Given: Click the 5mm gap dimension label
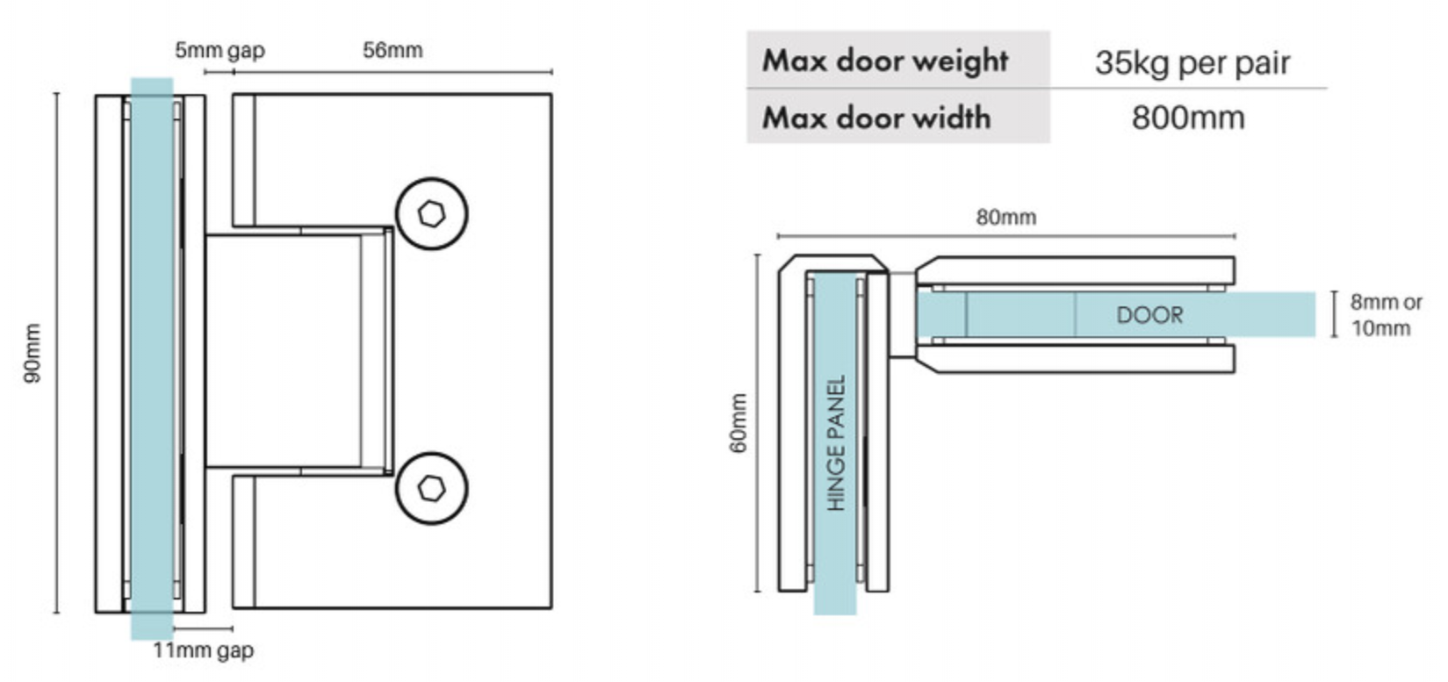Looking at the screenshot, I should pyautogui.click(x=219, y=50).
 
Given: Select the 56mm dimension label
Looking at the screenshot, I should pyautogui.click(x=393, y=50).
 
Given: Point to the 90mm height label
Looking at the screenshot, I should pyautogui.click(x=32, y=353).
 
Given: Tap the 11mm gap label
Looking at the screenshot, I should pyautogui.click(x=203, y=650).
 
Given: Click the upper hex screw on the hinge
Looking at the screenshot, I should pyautogui.click(x=431, y=213).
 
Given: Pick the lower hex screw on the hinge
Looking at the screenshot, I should pyautogui.click(x=431, y=488).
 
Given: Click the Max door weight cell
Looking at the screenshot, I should pyautogui.click(x=885, y=61).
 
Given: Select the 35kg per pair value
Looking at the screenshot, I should pyautogui.click(x=1192, y=62).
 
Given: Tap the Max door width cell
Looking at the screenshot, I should pyautogui.click(x=876, y=117).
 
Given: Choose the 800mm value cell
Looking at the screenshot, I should pyautogui.click(x=1187, y=117).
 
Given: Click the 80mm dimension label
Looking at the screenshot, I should pyautogui.click(x=1005, y=217).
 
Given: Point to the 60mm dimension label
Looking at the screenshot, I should pyautogui.click(x=738, y=423).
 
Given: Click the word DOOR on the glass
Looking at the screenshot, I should pyautogui.click(x=1149, y=315).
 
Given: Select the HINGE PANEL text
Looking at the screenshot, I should pyautogui.click(x=835, y=443).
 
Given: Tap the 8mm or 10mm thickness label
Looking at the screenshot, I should pyautogui.click(x=1386, y=315).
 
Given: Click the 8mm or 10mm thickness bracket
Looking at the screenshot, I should pyautogui.click(x=1335, y=314).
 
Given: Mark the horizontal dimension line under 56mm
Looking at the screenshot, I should pyautogui.click(x=393, y=72).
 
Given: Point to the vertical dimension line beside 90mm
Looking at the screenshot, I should pyautogui.click(x=57, y=353).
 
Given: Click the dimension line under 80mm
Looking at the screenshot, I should pyautogui.click(x=1006, y=236).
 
